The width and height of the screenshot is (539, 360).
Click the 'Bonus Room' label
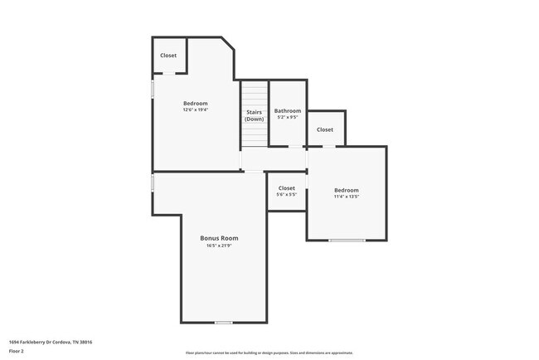coord(219,238)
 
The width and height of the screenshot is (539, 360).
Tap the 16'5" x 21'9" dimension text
coord(219,246)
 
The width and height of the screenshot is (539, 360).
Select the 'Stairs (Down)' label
coord(254,115)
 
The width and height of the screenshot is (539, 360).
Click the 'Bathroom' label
coord(288,111)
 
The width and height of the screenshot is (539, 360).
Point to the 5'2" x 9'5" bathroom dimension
coord(288,118)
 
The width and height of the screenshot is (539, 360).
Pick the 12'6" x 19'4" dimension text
coord(196,109)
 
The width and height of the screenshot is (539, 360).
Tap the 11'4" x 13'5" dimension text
coord(346,197)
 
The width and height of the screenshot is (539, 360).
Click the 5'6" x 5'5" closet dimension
coord(286,195)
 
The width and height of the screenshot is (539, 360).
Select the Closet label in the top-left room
coord(168,56)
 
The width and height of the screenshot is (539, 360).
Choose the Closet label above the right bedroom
coord(325,129)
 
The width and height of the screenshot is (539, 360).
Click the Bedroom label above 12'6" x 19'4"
coord(196,103)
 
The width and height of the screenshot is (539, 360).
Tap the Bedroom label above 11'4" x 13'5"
coord(346,190)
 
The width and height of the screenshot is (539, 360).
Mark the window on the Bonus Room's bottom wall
coord(223,322)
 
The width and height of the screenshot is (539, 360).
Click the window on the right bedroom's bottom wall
coord(346,241)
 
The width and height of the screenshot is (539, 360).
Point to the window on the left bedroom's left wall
coord(153,89)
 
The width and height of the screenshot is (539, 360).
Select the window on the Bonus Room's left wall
coord(153,182)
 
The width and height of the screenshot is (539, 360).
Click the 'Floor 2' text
coord(17,351)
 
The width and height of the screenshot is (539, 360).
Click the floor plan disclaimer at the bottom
coord(269,353)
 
